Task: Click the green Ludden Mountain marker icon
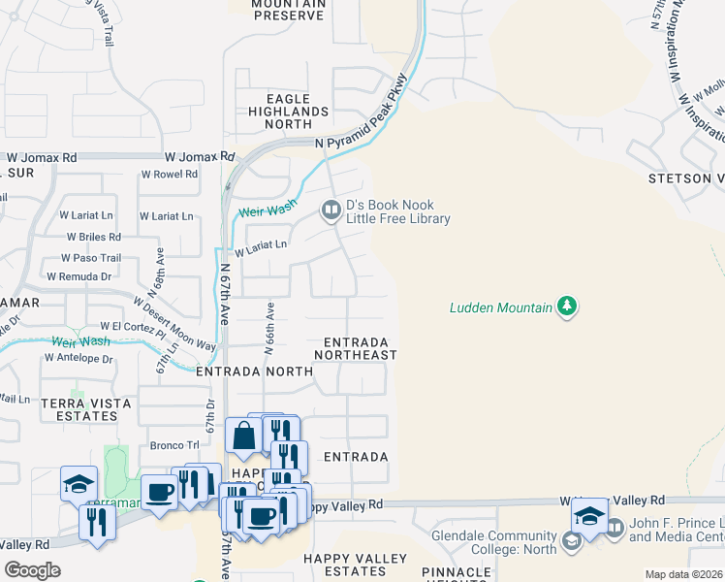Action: point(568,307)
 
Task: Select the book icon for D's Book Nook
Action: point(331,209)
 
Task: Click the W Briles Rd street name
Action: point(93,237)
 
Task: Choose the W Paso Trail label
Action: point(90,258)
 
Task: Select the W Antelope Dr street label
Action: point(79,358)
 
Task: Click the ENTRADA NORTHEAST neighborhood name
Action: point(356,349)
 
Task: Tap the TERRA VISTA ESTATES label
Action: point(79,408)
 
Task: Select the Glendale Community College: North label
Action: point(494,543)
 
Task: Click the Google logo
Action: point(32,570)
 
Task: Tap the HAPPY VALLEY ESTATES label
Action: point(356,565)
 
